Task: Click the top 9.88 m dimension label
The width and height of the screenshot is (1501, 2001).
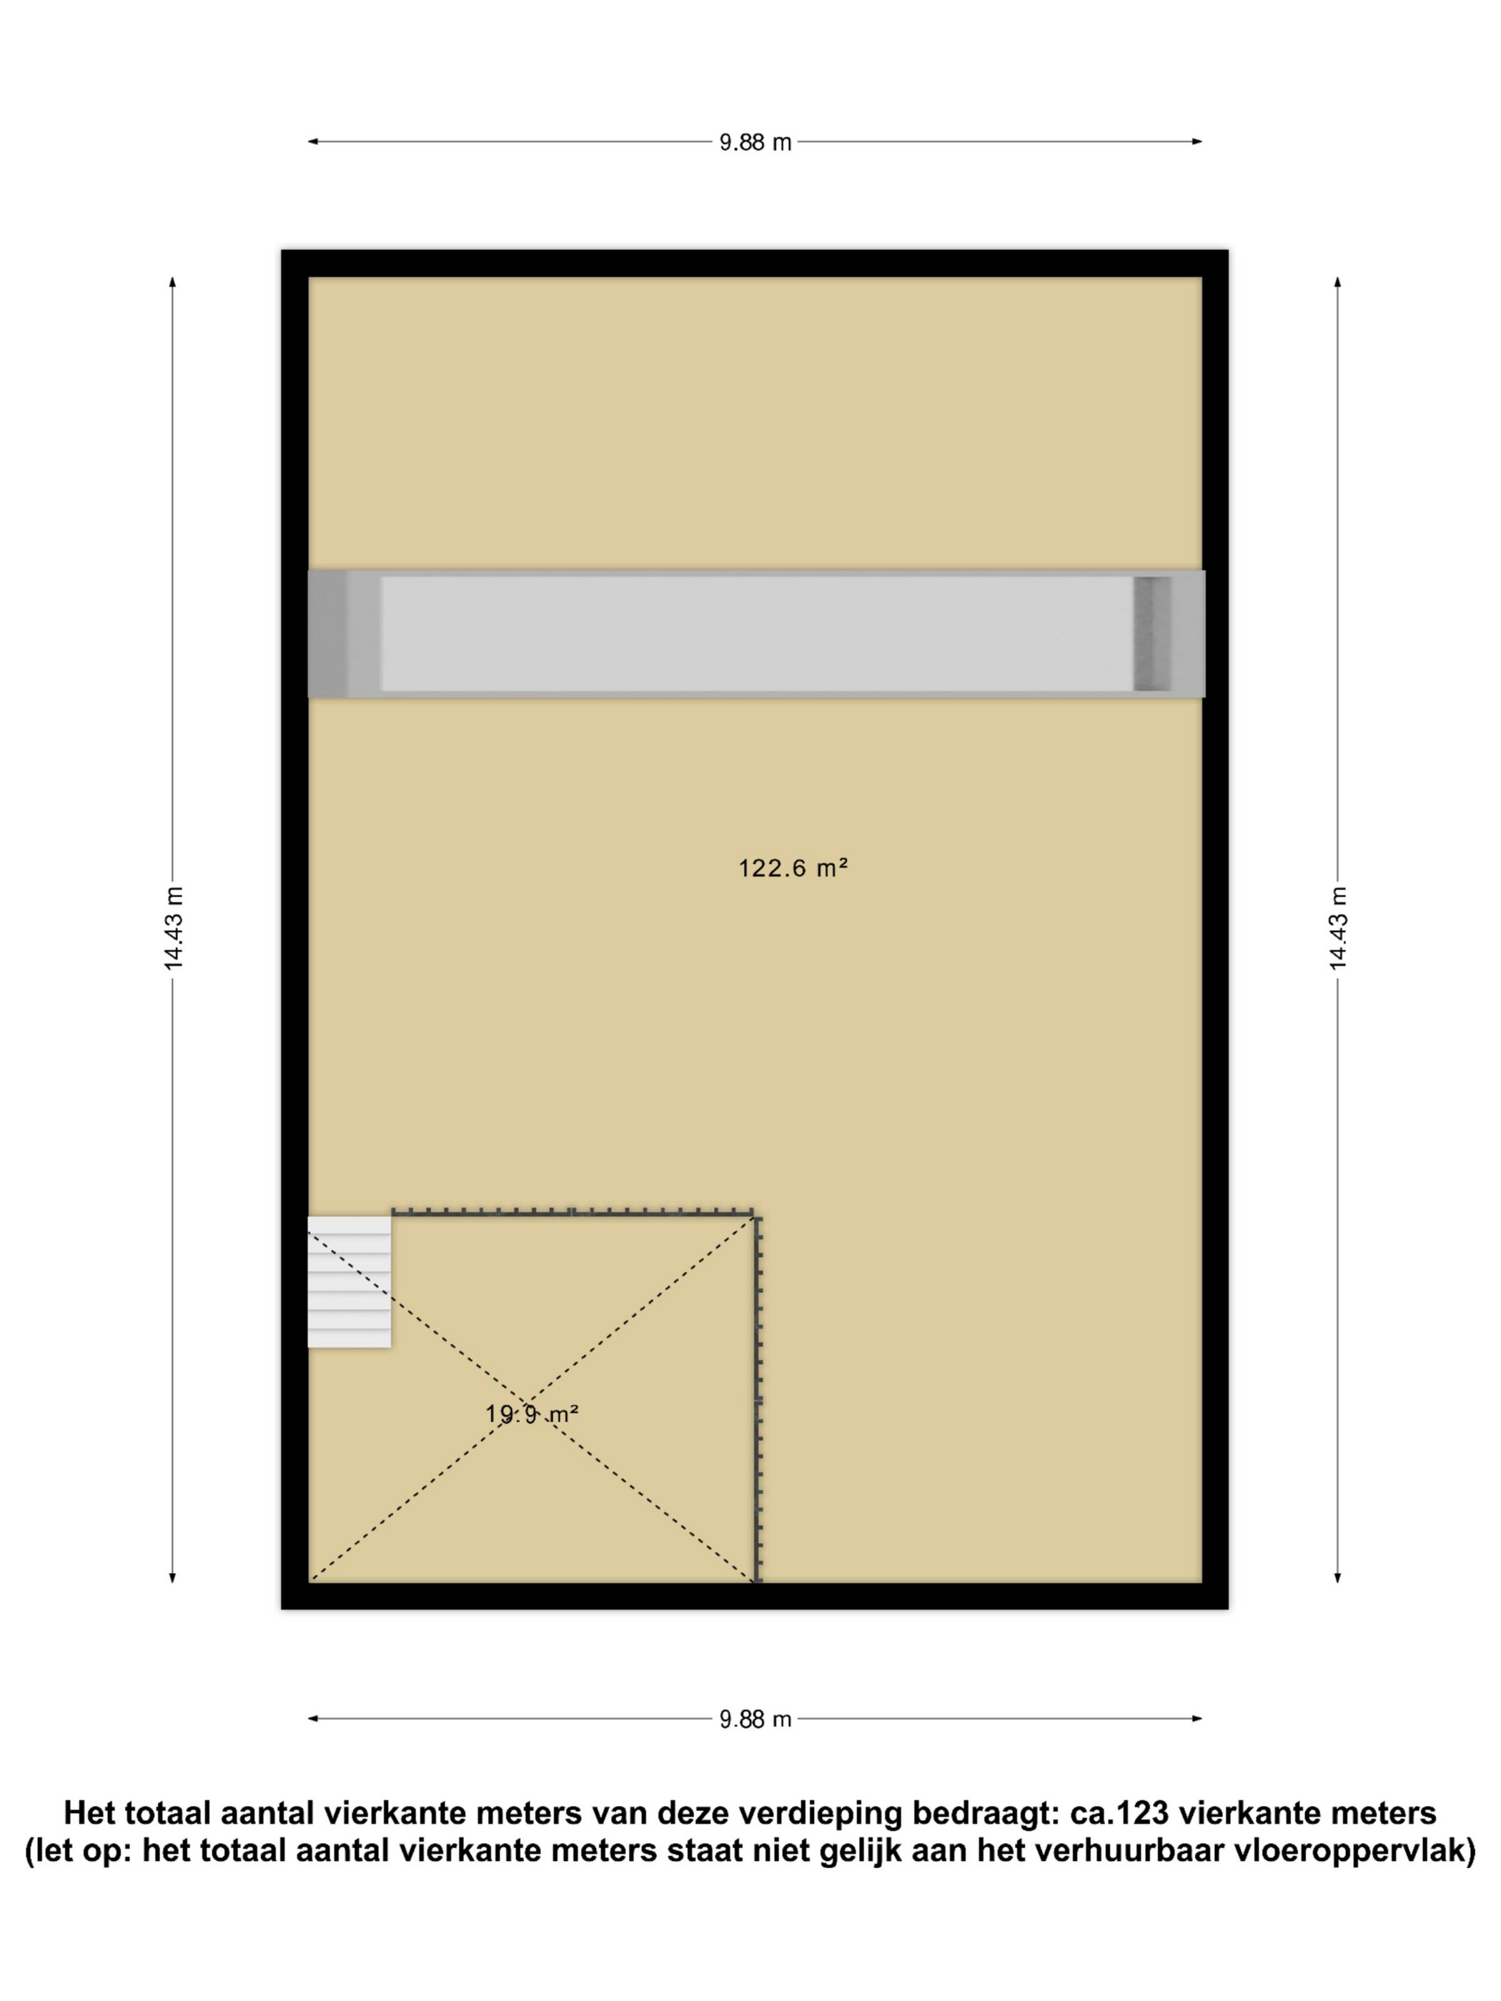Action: click(x=755, y=142)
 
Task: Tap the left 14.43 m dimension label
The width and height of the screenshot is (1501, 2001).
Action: click(x=173, y=928)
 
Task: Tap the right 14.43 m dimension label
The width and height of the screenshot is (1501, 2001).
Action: click(x=1337, y=928)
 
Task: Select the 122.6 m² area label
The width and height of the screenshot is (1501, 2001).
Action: click(x=793, y=868)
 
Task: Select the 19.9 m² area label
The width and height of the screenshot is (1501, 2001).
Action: click(x=532, y=1413)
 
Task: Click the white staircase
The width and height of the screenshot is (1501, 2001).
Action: click(x=350, y=1282)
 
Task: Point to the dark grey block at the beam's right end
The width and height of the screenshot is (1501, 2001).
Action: click(x=1151, y=633)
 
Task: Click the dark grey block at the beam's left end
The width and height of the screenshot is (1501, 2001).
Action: click(x=327, y=633)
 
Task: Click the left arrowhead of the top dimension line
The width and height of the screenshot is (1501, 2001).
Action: click(x=313, y=142)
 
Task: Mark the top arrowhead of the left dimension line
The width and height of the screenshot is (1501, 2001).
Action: click(x=173, y=283)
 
